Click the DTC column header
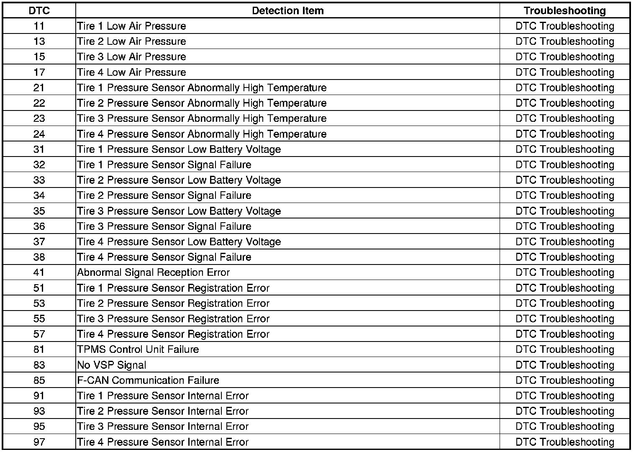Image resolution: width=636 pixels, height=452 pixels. pos(39,11)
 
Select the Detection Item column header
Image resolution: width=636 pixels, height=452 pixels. pos(287,11)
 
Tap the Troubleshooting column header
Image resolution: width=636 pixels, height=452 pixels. pos(564,11)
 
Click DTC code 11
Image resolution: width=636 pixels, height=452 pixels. pos(39,26)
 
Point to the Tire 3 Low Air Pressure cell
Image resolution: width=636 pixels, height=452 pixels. pos(131,57)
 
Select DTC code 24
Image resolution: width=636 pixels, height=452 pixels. pos(39,134)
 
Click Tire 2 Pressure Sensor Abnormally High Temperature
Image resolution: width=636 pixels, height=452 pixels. pos(202,103)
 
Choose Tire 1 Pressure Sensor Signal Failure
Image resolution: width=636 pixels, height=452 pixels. pos(164,164)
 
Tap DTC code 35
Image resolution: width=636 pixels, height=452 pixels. pos(39,211)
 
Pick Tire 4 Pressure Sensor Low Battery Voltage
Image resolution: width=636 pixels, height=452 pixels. pos(179,241)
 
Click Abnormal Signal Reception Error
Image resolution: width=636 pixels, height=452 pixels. pos(153,272)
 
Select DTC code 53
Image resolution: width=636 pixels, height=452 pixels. pos(39,303)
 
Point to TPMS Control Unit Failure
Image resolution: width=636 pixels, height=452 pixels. pos(138,349)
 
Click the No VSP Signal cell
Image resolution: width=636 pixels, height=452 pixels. pos(111,365)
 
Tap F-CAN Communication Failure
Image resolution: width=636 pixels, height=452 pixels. pos(148,380)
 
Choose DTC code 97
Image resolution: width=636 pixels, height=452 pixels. pos(39,442)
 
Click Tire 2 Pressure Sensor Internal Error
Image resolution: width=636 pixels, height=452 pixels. pos(163,411)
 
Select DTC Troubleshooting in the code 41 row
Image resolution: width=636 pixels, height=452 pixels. pos(564,272)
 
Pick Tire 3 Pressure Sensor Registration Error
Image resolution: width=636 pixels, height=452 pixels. pos(173,319)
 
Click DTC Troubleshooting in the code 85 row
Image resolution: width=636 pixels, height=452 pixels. pos(564,380)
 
